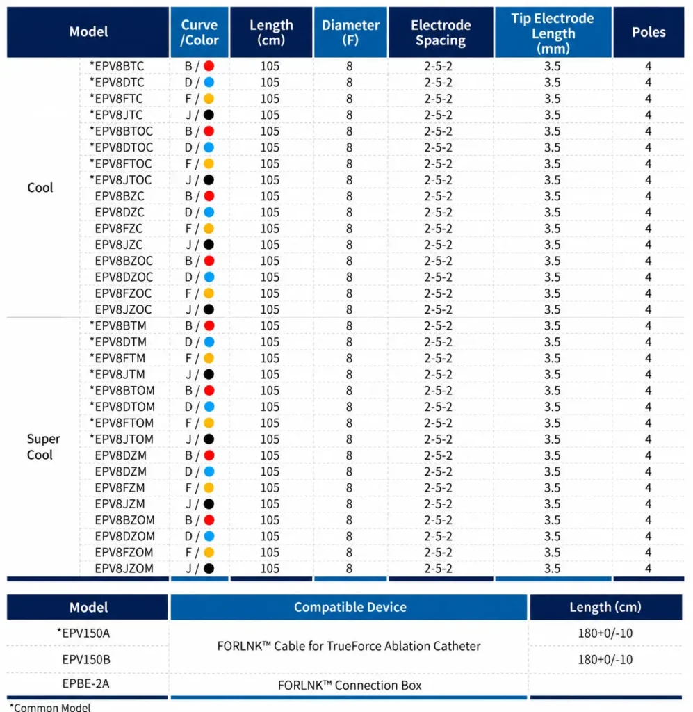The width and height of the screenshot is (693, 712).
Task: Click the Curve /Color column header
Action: pos(199,32)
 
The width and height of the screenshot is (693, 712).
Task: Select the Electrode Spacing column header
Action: pos(441,32)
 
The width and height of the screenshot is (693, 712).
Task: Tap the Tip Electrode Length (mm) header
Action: pos(553,32)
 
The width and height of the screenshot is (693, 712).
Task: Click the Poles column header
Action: pos(649,32)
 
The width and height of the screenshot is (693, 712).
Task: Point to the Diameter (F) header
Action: pos(350,32)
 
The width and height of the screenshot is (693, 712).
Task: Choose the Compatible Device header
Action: pos(350,607)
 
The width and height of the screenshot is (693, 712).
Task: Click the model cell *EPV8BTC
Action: pos(117,66)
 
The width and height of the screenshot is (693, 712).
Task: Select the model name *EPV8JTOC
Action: pos(121,180)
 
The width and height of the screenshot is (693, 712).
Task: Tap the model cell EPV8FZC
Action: pos(118,228)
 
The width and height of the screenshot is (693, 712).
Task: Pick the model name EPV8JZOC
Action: pos(123,309)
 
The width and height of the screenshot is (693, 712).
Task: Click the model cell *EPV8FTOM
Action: pos(122,423)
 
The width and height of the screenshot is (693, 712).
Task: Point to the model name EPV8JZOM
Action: pos(124,569)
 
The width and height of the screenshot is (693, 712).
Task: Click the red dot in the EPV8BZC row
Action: pos(209,196)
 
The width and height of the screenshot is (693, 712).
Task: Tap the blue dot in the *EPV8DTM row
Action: pos(209,342)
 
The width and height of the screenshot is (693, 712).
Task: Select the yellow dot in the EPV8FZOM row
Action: pos(209,553)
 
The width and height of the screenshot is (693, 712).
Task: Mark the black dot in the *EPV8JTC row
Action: pos(209,115)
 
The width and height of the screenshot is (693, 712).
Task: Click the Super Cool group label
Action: pos(43,447)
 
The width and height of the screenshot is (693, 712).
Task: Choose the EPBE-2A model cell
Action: pos(85,684)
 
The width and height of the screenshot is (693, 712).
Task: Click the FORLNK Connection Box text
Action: pos(350,685)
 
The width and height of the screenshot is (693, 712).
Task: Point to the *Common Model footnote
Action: pos(50,707)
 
